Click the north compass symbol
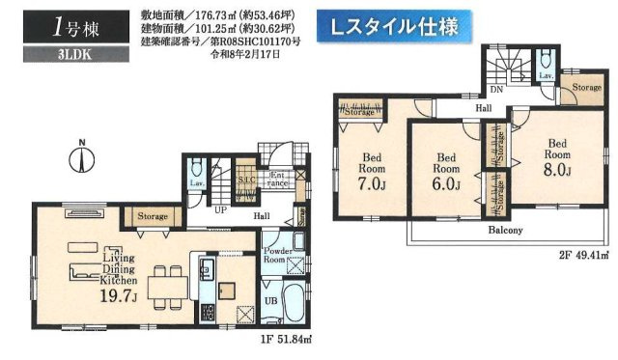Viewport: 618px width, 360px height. pyautogui.click(x=82, y=158)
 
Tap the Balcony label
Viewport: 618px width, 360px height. pyautogui.click(x=503, y=231)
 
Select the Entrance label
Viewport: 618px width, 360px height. pyautogui.click(x=276, y=179)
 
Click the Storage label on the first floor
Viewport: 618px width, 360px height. pyautogui.click(x=153, y=216)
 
